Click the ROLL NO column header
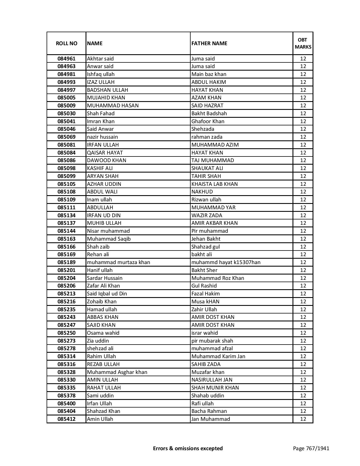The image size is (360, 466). tap(66, 43)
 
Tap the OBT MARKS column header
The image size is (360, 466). tap(303, 43)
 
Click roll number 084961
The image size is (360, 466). tap(66, 59)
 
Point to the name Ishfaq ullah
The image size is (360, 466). tap(101, 74)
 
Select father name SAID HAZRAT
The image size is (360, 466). tap(207, 106)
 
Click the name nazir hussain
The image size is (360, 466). tap(102, 137)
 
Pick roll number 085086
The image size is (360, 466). tap(66, 160)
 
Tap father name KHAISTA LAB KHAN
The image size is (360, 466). tap(215, 184)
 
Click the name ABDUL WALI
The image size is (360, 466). tap(102, 192)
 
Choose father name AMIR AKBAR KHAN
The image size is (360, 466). tap(215, 223)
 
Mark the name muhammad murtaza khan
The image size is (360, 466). tap(119, 262)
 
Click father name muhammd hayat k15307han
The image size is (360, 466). tap(226, 262)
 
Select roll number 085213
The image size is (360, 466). tap(66, 294)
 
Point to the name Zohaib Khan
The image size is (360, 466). tap(102, 302)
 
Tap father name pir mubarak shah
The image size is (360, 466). tap(212, 341)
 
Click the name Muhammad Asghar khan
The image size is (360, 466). tap(117, 372)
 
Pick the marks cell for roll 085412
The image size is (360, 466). tap(303, 419)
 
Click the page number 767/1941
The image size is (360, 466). tap(311, 448)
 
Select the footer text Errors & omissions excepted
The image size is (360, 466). tap(188, 448)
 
